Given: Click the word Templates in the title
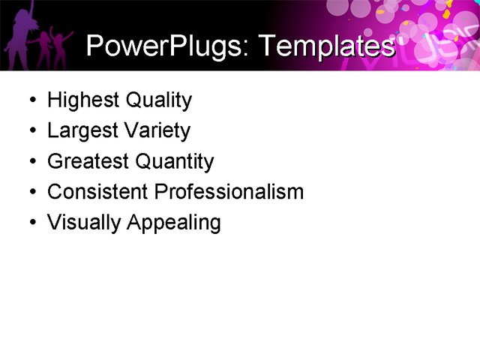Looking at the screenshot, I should point(325,46).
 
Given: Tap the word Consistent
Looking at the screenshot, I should point(97,192).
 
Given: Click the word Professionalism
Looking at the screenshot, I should point(229,192).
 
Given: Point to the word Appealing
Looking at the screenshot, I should point(174,223).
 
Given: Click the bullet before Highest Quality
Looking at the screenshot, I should point(30,100).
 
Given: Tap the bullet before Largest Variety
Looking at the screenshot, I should point(30,131).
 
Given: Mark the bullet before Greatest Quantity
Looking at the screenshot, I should point(30,162).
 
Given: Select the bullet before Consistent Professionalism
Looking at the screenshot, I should point(30,193).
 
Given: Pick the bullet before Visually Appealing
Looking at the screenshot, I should point(30,223).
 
